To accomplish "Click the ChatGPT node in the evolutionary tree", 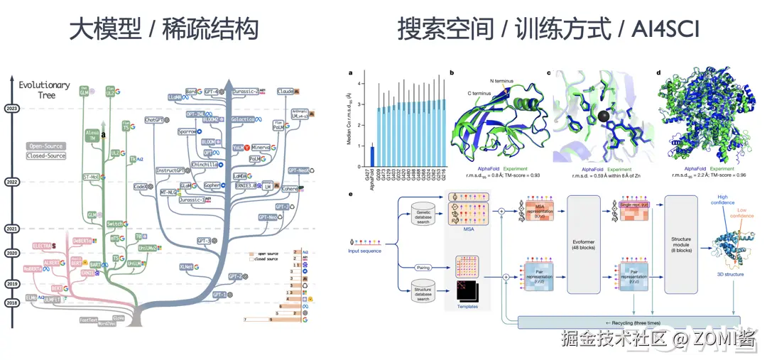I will (x=154, y=120).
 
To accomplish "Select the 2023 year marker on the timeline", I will (x=12, y=109).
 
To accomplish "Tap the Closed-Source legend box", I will (x=45, y=156).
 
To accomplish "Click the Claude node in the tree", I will (x=285, y=92).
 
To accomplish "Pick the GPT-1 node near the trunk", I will (x=219, y=294).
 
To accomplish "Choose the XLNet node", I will (x=186, y=267).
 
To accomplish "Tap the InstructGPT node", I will (x=171, y=170).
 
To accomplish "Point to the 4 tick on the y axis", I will (x=360, y=84).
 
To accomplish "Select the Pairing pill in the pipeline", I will (x=424, y=268).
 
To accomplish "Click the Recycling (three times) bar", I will (x=629, y=322).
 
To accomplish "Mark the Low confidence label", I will (x=744, y=214).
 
